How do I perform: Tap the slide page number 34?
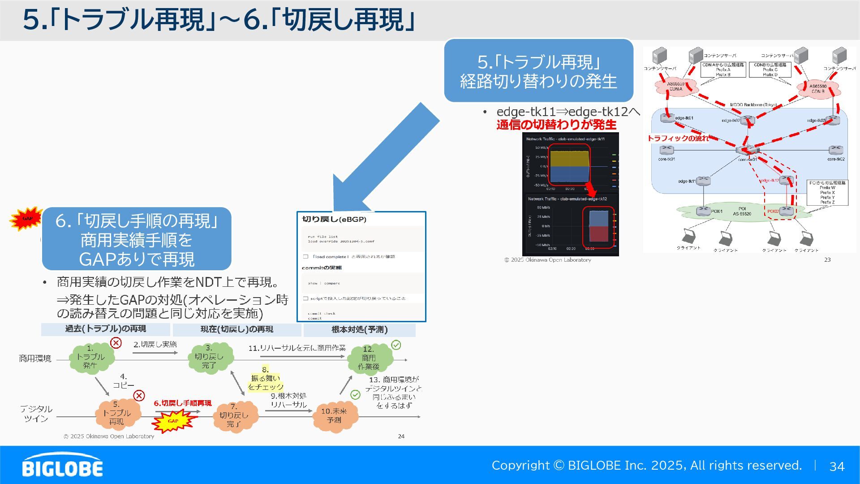click(x=837, y=467)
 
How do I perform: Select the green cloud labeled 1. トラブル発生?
click(x=91, y=358)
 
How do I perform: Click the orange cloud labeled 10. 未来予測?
click(x=334, y=416)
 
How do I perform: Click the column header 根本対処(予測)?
click(x=359, y=330)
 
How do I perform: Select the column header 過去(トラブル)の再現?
click(x=106, y=329)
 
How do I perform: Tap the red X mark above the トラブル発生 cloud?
click(x=116, y=343)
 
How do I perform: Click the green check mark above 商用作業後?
click(x=396, y=345)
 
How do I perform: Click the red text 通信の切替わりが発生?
click(x=556, y=125)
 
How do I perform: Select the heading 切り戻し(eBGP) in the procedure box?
click(x=334, y=220)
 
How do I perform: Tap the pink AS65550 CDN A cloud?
click(x=676, y=86)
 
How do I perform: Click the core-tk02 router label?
click(x=836, y=159)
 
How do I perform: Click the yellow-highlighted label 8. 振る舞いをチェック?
click(x=266, y=379)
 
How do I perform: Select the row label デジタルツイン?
click(x=36, y=414)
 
